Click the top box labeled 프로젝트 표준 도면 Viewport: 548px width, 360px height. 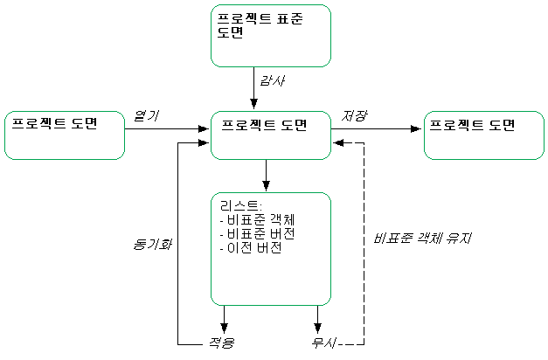pos(271,35)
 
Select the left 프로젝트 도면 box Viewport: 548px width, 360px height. pos(65,135)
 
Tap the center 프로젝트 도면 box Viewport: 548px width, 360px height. pos(271,135)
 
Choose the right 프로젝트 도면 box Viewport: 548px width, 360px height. pos(483,135)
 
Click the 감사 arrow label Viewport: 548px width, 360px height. pos(273,81)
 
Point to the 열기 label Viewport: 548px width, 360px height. pos(146,116)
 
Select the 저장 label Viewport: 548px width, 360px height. pos(354,116)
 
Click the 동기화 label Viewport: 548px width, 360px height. pos(152,244)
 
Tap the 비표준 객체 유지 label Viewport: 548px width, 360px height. pos(414,238)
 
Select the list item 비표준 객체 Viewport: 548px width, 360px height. pos(258,221)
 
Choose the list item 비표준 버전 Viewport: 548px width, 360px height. pos(258,234)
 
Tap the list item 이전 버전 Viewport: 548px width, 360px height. pos(253,247)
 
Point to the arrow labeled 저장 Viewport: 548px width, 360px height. pos(376,129)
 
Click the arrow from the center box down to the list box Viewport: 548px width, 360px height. pos(266,175)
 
